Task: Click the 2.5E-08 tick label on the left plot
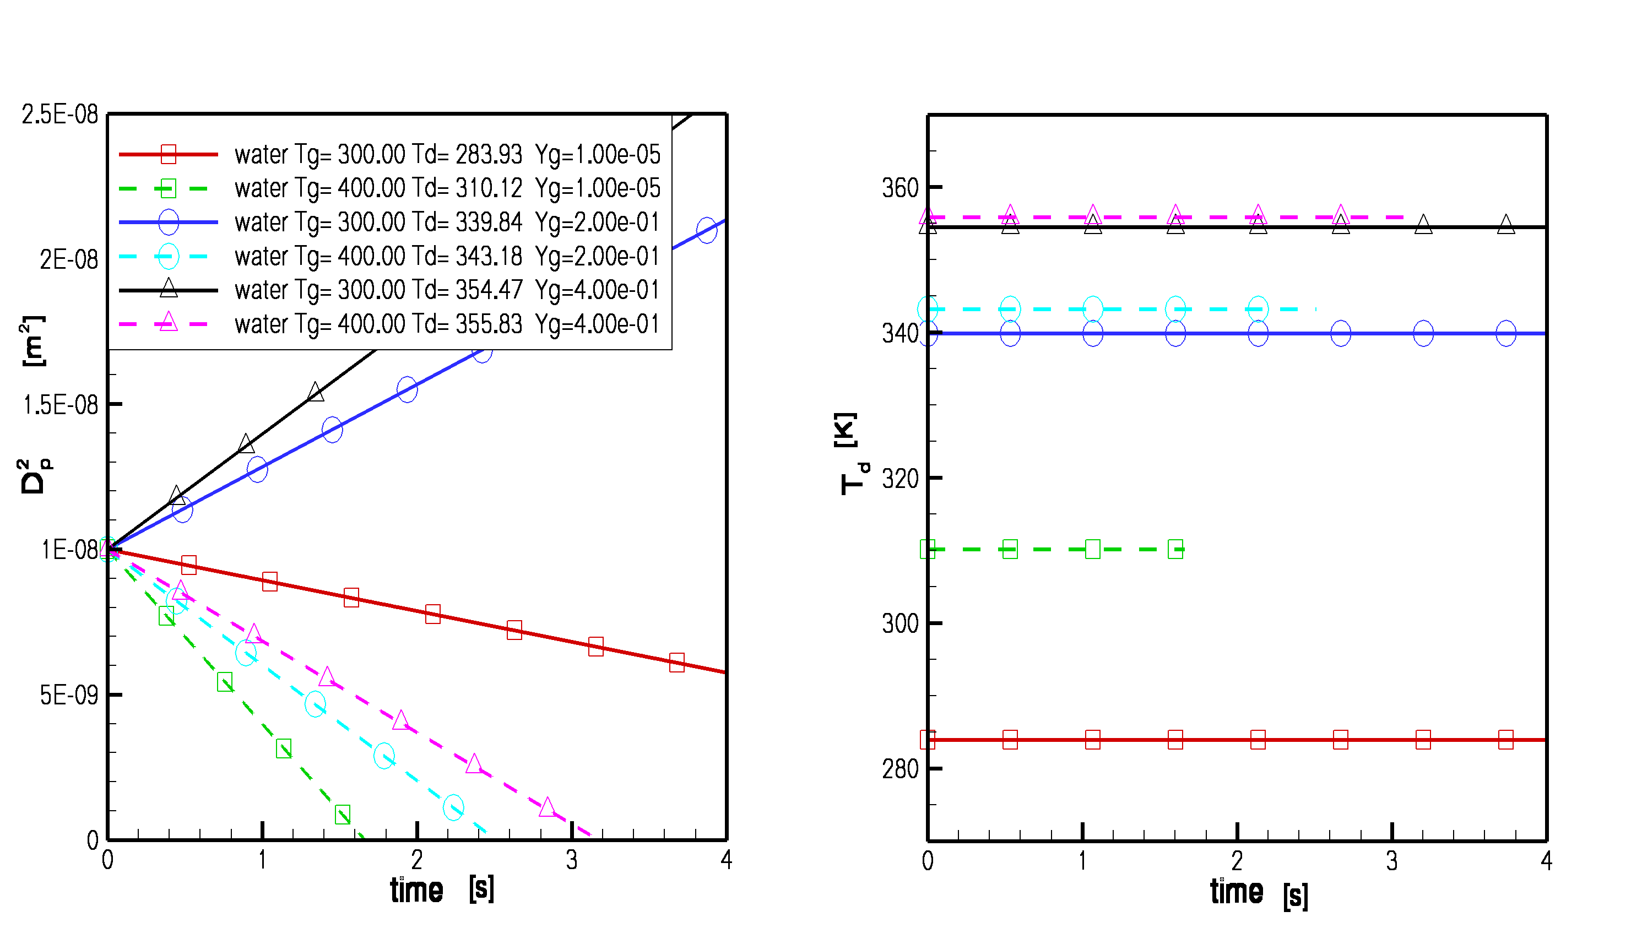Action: pos(59,115)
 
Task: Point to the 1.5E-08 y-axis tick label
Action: pos(60,405)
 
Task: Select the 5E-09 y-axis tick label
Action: pos(69,695)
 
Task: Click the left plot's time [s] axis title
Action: pos(441,889)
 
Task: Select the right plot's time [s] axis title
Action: pos(1258,893)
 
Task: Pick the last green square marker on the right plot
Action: pos(1175,550)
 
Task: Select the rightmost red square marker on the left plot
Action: pos(677,662)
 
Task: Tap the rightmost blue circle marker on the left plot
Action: pos(707,230)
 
